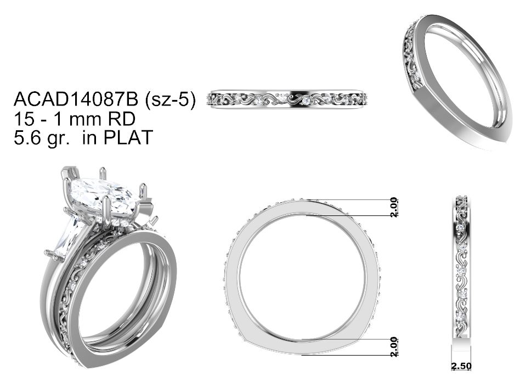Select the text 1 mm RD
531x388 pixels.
(x=98, y=119)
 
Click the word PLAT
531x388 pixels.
(x=128, y=137)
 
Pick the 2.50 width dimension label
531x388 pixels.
(x=461, y=366)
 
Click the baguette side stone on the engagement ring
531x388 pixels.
(x=70, y=236)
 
